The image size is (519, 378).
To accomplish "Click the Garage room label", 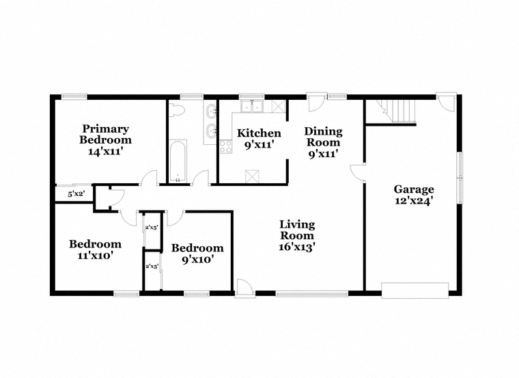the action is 414,189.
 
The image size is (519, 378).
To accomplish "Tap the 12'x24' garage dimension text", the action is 414,201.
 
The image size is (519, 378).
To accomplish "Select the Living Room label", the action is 297,230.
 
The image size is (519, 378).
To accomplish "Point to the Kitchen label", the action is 259,133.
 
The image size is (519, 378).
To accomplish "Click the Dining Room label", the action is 324,137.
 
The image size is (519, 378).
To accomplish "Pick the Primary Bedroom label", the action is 106,134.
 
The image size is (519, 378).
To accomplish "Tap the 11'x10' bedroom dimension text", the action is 96,256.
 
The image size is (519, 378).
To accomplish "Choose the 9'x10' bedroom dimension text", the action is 197,259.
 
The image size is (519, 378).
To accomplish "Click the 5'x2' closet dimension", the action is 76,194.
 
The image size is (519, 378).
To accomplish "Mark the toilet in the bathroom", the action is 176,110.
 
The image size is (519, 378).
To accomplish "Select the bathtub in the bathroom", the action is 178,161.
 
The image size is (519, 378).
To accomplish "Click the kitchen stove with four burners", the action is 226,146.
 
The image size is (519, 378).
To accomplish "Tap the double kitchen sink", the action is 252,107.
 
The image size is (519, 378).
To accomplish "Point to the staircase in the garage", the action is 399,111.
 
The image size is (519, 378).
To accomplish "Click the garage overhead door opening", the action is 415,291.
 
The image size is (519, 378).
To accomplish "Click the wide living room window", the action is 312,293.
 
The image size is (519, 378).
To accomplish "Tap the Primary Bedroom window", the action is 74,96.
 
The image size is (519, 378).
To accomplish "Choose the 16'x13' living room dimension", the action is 297,247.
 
